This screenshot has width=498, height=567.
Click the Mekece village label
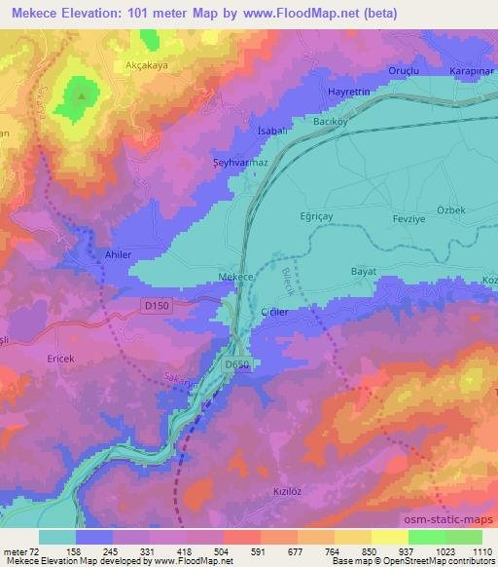pyautogui.click(x=236, y=277)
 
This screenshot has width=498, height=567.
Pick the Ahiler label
pyautogui.click(x=117, y=254)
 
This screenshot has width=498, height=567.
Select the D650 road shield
pyautogui.click(x=236, y=364)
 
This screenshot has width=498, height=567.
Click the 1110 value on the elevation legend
pyautogui.click(x=480, y=550)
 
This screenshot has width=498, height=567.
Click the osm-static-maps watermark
pyautogui.click(x=455, y=519)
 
